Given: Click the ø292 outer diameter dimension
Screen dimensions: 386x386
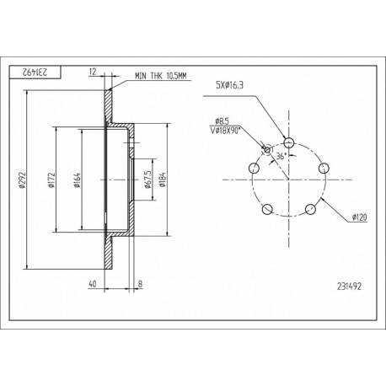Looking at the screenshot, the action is (x=22, y=180).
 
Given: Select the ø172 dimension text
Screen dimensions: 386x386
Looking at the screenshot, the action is (x=51, y=180).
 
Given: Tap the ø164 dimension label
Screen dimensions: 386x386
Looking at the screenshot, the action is (x=77, y=180).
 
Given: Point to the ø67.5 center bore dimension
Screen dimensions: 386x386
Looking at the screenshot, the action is (x=147, y=180).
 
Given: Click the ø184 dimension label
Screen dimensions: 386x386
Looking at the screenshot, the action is (x=163, y=180).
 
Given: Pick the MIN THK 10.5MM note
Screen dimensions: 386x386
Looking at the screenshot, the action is (x=160, y=76).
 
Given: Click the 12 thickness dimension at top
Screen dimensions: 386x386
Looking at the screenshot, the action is (x=93, y=72).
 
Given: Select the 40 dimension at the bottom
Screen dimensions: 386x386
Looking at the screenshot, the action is (x=92, y=284).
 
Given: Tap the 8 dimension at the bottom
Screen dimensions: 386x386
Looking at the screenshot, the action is (x=140, y=284).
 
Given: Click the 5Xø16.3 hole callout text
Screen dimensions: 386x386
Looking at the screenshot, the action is (x=229, y=85).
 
